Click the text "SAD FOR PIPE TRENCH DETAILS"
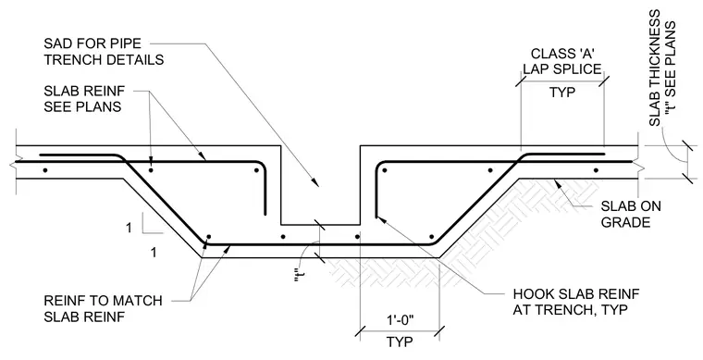[104, 52]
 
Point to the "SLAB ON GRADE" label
[630, 214]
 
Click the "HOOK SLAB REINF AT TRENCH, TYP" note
[576, 302]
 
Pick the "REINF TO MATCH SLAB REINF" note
[103, 308]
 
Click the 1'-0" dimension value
[400, 321]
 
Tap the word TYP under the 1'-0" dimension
[400, 342]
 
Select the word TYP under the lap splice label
[562, 93]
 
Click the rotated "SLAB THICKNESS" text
[655, 68]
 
